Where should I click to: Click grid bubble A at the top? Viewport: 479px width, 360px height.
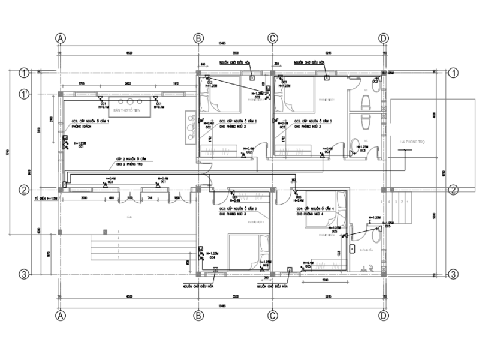click(60, 38)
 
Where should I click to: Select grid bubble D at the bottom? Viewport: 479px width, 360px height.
click(383, 314)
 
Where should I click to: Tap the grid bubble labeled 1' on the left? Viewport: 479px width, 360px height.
click(24, 94)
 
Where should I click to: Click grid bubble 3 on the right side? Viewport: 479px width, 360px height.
click(454, 274)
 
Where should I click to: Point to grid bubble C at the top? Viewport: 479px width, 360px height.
click(272, 38)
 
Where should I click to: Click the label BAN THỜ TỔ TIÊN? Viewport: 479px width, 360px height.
click(130, 112)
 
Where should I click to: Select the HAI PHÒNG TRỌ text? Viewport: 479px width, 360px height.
click(414, 142)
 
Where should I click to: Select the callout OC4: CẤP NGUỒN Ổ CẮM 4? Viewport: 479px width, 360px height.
click(315, 209)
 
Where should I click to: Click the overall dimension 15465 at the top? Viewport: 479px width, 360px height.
click(222, 43)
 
